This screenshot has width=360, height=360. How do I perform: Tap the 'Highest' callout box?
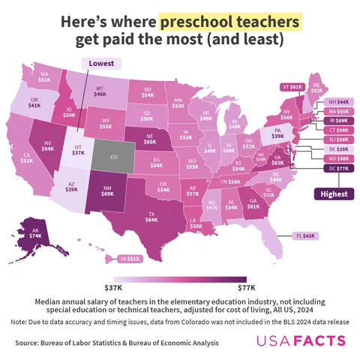[334, 193]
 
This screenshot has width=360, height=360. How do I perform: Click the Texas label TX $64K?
[151, 216]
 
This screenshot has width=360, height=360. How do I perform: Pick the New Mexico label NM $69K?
[107, 192]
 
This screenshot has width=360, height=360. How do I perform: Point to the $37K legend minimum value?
[113, 286]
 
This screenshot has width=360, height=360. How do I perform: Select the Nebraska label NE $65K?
[150, 137]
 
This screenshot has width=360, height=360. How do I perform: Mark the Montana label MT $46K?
[100, 92]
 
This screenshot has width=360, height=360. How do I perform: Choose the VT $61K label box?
[292, 87]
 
